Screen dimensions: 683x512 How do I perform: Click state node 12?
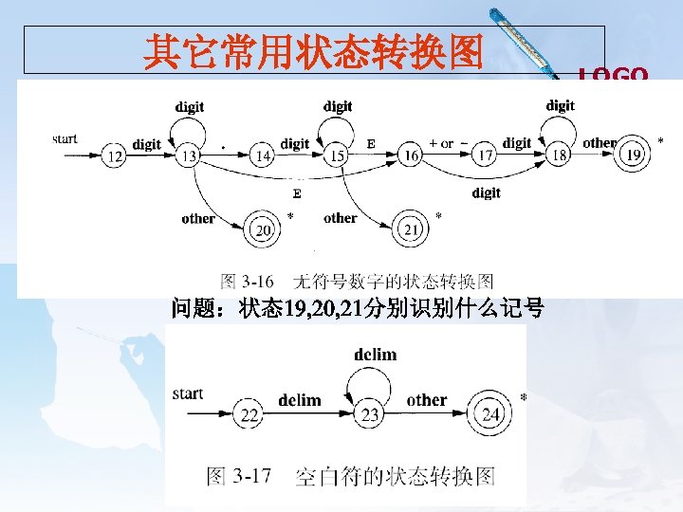(115, 156)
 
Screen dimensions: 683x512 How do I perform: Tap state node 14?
(264, 156)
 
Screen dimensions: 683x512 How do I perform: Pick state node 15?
(336, 156)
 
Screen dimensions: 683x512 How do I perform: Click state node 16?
(411, 156)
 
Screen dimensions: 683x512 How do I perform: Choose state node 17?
(485, 156)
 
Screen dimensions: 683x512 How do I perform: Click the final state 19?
(634, 155)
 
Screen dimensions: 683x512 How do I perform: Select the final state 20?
(263, 229)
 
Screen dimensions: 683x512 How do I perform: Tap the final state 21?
(410, 229)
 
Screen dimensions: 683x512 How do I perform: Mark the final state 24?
(490, 414)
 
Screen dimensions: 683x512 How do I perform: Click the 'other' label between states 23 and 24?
(426, 400)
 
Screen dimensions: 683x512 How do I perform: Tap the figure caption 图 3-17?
(351, 476)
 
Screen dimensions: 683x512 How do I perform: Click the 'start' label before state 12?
(65, 138)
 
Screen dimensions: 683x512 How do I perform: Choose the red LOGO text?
(614, 75)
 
